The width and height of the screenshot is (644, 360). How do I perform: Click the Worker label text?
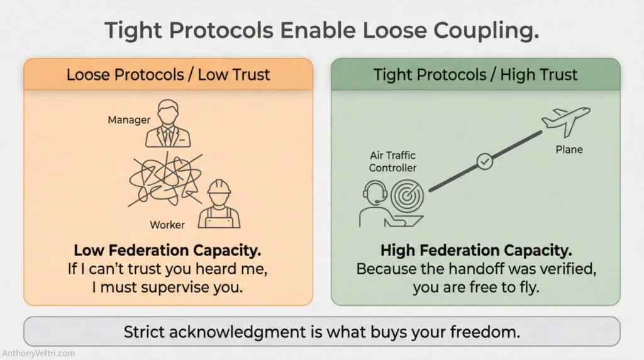[167, 224]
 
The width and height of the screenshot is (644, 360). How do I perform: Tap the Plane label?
[569, 150]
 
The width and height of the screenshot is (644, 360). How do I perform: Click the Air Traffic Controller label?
[392, 161]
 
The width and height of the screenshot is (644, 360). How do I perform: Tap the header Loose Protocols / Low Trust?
[168, 75]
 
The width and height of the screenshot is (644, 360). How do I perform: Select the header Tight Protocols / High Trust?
[475, 75]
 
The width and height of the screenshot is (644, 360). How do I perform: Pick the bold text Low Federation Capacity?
[167, 250]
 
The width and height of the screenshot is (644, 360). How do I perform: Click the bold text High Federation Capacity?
[475, 250]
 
